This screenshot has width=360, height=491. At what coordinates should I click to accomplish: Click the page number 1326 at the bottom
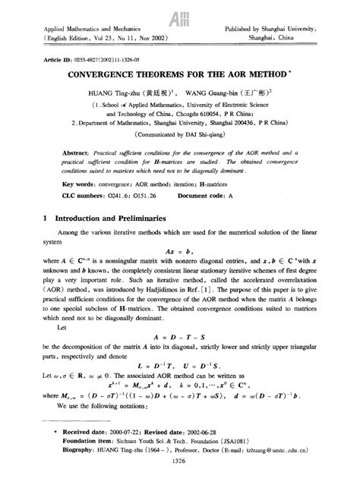pyautogui.click(x=180, y=480)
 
